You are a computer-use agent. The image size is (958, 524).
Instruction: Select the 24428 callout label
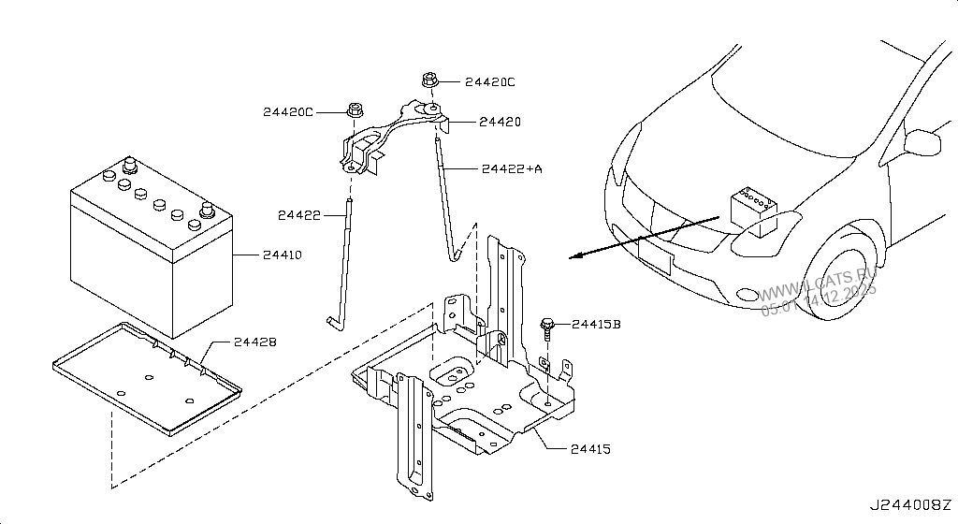coord(254,343)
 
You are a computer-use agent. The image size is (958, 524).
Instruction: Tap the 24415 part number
coord(589,450)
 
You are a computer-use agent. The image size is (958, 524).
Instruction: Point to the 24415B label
coord(596,325)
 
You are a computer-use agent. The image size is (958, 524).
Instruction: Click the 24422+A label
coord(511,169)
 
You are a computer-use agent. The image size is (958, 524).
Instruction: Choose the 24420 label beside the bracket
coord(500,122)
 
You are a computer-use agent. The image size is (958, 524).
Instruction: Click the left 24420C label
coord(288,112)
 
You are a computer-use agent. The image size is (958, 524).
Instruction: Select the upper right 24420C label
coord(490,82)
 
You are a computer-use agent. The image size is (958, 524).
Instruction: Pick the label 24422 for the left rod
coord(298,215)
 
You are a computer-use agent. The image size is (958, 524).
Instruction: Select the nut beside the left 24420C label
coord(355,111)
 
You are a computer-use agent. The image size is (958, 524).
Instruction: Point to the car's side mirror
coord(923,140)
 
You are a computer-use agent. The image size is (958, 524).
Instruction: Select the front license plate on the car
coord(658,255)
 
